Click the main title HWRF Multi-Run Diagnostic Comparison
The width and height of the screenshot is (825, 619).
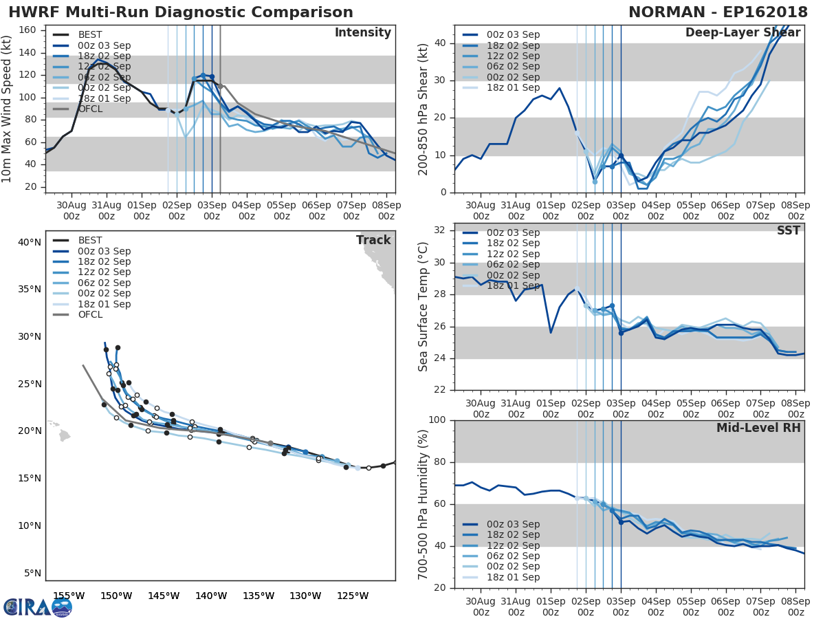181,12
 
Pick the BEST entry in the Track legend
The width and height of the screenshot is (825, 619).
90,240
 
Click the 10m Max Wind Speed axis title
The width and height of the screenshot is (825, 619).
8,109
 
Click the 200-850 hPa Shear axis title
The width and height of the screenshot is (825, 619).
424,109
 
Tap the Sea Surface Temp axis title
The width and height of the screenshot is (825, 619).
424,307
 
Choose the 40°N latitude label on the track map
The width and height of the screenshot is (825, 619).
29,242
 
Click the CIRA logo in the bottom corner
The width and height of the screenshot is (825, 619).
37,607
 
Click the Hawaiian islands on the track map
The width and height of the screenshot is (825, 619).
64,435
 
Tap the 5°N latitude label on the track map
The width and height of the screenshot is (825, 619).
32,573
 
